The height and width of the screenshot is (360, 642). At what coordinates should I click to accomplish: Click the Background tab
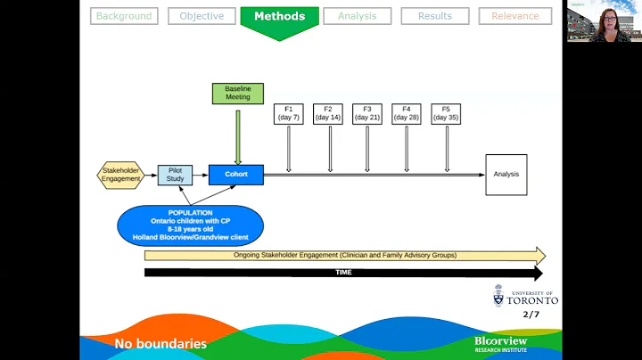click(x=125, y=16)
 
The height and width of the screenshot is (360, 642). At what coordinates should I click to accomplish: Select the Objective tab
click(x=202, y=16)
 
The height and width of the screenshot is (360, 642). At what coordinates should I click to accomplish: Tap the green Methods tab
click(x=279, y=17)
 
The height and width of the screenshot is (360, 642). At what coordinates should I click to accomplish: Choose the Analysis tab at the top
click(x=357, y=16)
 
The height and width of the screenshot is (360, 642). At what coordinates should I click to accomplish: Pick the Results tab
click(x=435, y=16)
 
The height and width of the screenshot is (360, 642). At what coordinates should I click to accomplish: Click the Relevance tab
click(x=514, y=16)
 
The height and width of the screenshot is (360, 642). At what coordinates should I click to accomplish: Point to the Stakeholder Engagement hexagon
click(x=120, y=175)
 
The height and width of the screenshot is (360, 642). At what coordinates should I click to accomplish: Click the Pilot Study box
click(x=175, y=175)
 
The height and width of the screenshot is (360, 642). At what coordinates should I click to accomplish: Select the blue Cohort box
click(x=236, y=175)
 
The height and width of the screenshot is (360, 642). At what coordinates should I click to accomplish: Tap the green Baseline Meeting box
click(x=237, y=93)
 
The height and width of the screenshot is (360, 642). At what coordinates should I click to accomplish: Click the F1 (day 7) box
click(x=289, y=113)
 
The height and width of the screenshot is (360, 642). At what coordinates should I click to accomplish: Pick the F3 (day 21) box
click(x=367, y=113)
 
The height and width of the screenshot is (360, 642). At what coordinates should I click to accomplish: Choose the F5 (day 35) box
click(x=446, y=113)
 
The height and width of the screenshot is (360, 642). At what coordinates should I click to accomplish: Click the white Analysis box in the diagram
click(x=506, y=175)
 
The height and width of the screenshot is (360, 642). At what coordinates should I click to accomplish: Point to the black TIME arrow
click(x=343, y=273)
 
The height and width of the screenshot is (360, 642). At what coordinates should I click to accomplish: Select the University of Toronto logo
click(x=526, y=297)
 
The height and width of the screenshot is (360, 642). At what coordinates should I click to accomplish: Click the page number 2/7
click(x=531, y=315)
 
